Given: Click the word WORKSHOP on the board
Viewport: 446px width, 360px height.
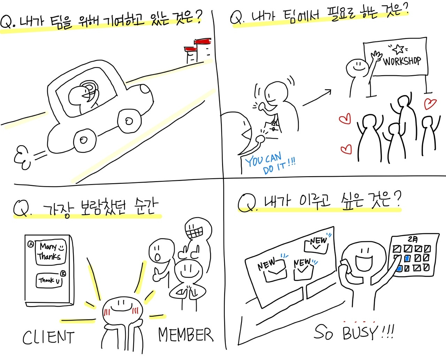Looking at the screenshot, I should [402, 61].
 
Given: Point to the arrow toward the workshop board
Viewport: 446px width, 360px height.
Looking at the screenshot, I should [317, 97].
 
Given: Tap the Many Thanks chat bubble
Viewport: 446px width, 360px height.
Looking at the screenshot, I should [51, 252].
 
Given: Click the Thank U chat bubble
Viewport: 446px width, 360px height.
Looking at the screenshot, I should [49, 280].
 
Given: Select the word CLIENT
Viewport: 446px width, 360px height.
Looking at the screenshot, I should [48, 337].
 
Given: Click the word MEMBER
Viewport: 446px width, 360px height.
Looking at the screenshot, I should [185, 335].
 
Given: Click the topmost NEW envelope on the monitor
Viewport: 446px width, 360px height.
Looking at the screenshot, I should [316, 244].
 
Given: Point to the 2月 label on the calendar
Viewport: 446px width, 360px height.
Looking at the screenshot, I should [413, 239].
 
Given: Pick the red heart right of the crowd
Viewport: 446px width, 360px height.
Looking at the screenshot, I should [431, 104].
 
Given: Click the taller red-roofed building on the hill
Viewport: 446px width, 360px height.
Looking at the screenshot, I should [202, 50].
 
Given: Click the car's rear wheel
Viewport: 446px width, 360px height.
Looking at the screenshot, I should [84, 140].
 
